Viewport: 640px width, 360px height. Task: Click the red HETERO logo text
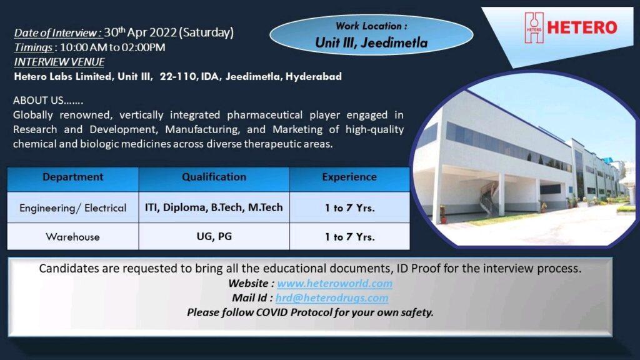tap(582, 27)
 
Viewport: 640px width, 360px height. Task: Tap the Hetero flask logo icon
tap(534, 27)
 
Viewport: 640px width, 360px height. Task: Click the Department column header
tap(72, 177)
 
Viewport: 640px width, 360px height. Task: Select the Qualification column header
tap(214, 177)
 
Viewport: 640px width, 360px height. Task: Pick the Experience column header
tap(349, 177)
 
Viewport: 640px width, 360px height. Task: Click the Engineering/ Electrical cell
tap(72, 208)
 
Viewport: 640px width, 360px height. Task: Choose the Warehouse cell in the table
tap(72, 237)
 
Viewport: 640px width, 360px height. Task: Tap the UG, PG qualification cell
tap(214, 236)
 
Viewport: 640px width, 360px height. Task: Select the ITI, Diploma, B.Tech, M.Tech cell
tap(214, 207)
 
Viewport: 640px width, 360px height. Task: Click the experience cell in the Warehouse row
tap(349, 237)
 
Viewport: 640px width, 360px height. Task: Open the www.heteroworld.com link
tap(335, 283)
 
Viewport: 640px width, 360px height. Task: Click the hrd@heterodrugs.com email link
tap(332, 298)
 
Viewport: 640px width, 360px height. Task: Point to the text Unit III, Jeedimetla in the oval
tap(371, 42)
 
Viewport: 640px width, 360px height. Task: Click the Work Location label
tap(371, 26)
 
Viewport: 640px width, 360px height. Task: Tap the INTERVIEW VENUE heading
tap(59, 62)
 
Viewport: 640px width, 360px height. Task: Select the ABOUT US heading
tap(47, 101)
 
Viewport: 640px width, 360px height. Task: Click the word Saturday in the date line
tap(206, 32)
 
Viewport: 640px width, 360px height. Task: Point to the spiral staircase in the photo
tap(489, 197)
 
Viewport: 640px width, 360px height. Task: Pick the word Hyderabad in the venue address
tap(314, 77)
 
